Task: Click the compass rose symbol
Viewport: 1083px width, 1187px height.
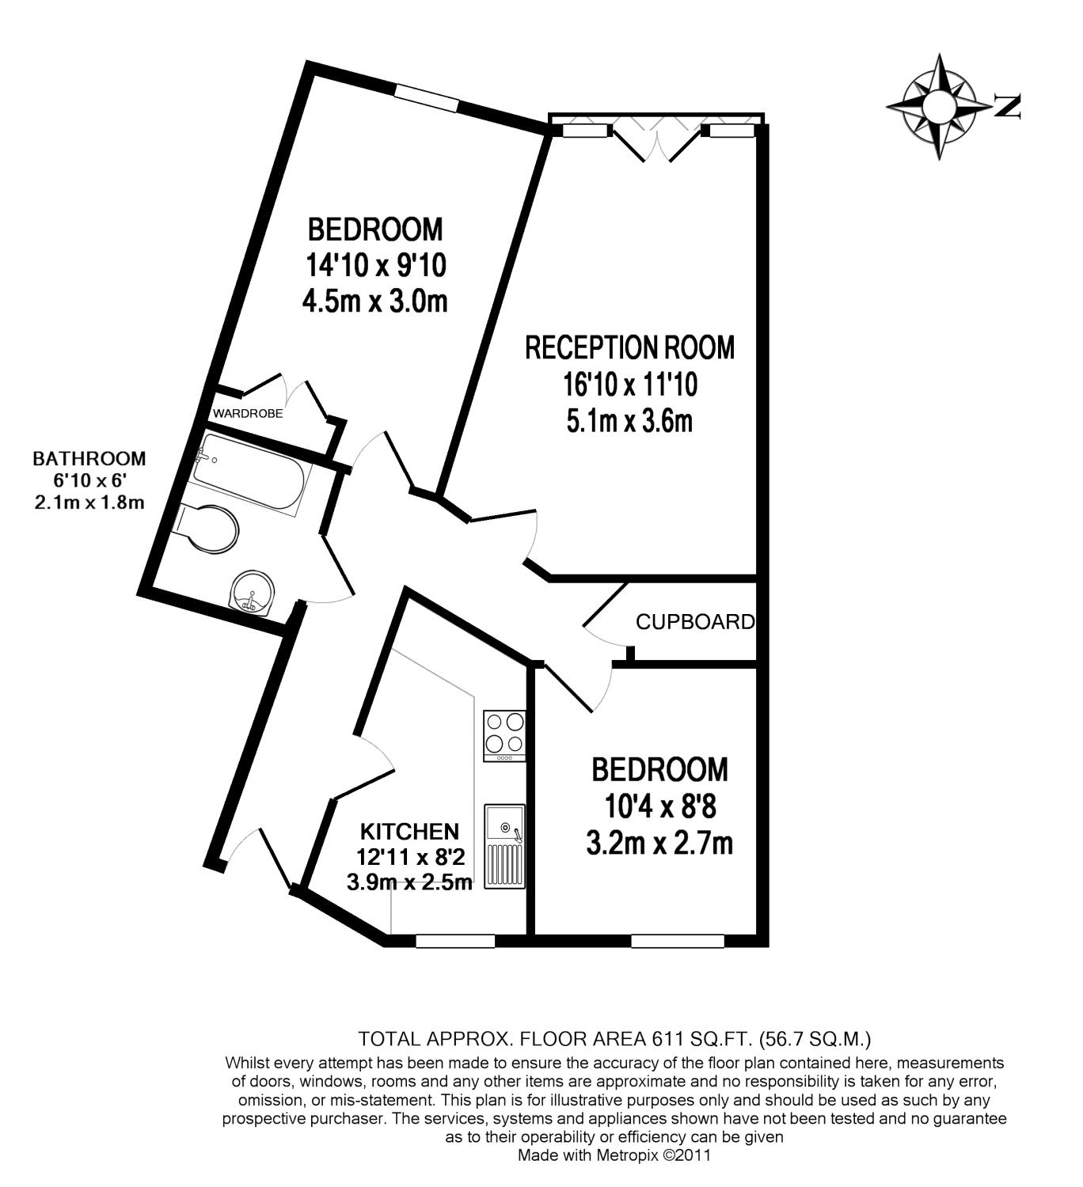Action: click(939, 106)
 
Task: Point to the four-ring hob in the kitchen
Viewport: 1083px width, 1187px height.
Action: click(504, 734)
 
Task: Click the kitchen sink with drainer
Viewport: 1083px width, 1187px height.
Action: click(504, 846)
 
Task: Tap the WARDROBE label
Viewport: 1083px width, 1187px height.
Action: click(247, 413)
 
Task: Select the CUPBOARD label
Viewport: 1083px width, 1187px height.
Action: click(695, 622)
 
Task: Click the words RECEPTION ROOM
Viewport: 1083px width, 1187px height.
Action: click(629, 347)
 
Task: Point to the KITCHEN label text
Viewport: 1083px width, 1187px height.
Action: click(409, 832)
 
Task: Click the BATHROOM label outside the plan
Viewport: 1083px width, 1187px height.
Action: click(89, 458)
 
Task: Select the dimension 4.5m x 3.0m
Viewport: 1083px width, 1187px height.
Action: click(375, 301)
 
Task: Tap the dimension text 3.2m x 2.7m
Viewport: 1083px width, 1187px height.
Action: click(659, 844)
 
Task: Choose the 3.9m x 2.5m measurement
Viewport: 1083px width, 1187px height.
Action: click(409, 882)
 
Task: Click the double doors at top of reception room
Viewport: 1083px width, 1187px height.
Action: click(658, 140)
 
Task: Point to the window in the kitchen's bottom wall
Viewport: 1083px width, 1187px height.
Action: click(455, 941)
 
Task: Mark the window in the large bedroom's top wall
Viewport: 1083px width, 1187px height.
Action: click(427, 98)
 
